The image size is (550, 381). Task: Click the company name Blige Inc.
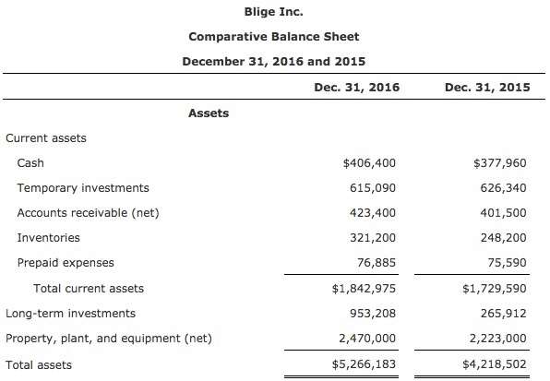coord(273,12)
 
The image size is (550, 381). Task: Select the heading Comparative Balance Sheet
coord(273,37)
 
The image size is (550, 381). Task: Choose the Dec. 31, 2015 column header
coord(485,89)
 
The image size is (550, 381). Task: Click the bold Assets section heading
coord(209,113)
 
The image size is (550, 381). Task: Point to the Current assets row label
coord(46,138)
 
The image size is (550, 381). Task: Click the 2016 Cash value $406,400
coord(369,163)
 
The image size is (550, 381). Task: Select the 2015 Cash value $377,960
coord(499,163)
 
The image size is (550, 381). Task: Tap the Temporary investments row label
coord(83,188)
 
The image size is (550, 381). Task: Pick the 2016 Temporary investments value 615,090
coord(376,188)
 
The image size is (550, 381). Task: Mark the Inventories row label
coord(49,238)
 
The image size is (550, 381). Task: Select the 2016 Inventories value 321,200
coord(376,238)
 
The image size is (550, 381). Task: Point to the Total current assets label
coord(89,289)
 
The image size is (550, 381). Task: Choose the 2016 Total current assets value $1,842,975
coord(365,289)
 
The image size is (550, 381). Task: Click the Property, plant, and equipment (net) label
coord(109,339)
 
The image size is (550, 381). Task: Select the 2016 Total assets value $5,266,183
coord(365,364)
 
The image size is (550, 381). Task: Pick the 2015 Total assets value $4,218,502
coord(496,364)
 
